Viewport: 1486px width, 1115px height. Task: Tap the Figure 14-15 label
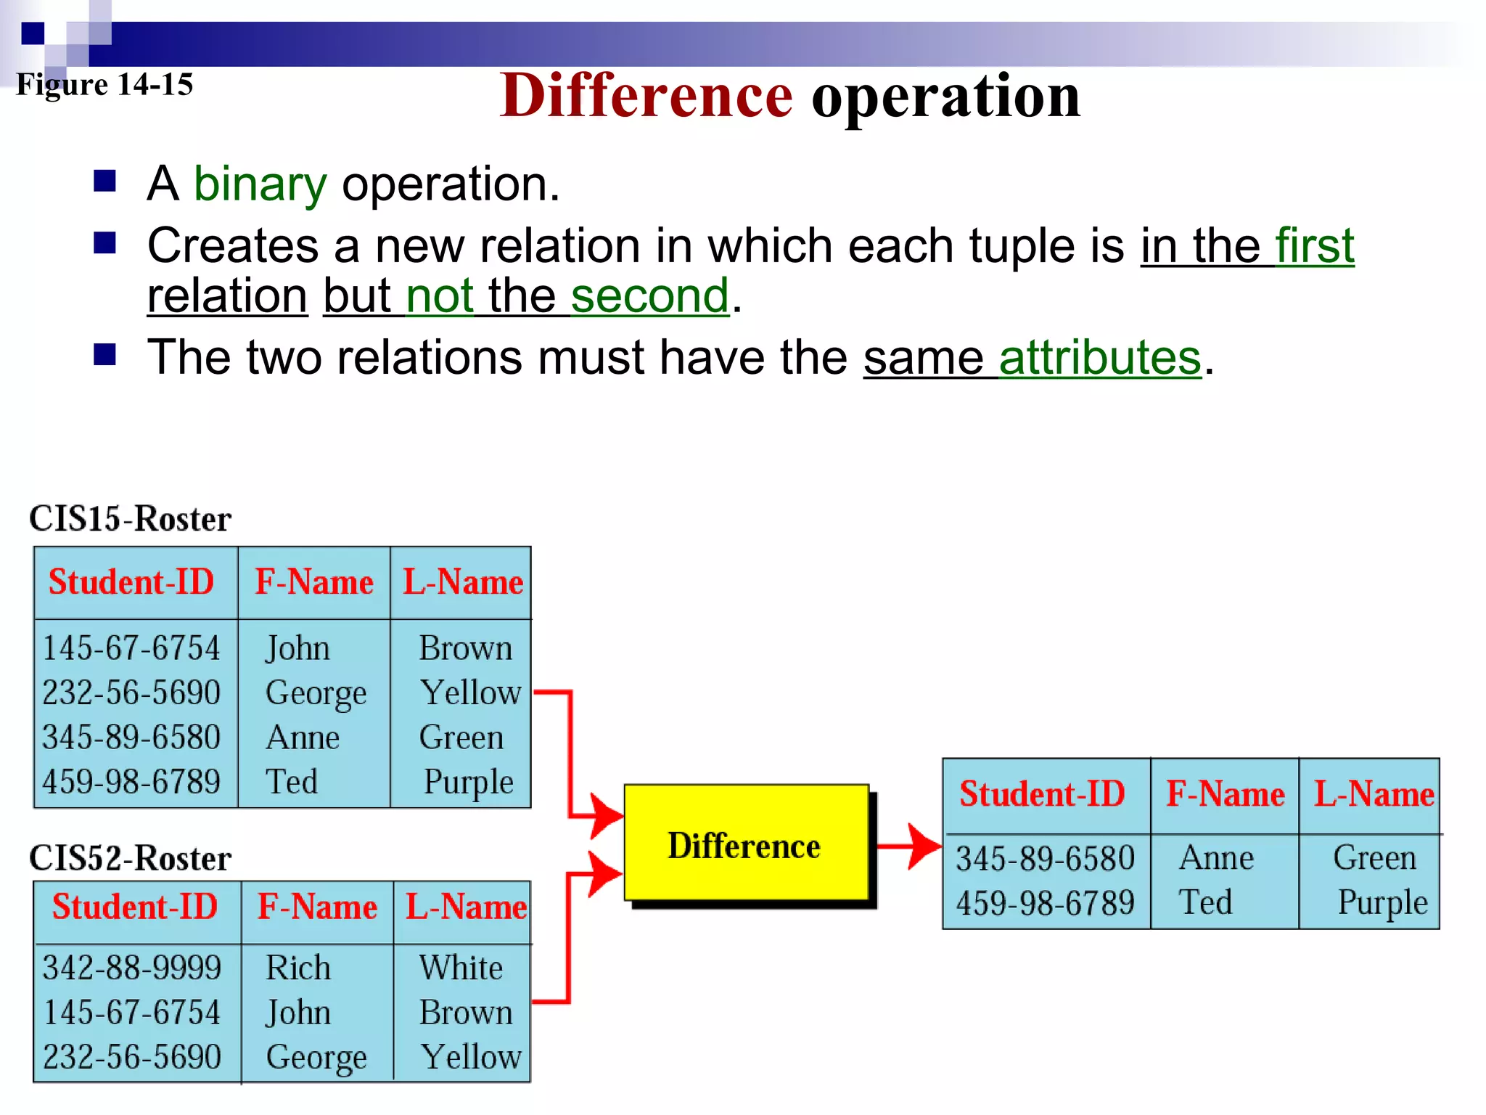coord(104,85)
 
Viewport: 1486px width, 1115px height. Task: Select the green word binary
coord(260,184)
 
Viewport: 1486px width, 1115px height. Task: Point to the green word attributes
coord(1100,358)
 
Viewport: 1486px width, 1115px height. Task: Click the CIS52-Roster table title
coord(130,859)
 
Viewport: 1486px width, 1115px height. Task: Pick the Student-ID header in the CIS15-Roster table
coord(131,582)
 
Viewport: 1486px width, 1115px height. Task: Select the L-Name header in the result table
coord(1374,794)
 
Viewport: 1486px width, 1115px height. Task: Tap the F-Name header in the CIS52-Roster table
coord(317,907)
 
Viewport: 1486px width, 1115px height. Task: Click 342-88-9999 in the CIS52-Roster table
coord(131,968)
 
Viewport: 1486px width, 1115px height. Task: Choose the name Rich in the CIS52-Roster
coord(298,968)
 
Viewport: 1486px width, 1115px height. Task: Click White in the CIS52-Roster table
coord(461,968)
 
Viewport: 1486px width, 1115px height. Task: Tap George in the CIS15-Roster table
coord(316,693)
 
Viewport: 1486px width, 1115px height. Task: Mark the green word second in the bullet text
coord(649,296)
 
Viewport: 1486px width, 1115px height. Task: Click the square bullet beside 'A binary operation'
coord(105,181)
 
